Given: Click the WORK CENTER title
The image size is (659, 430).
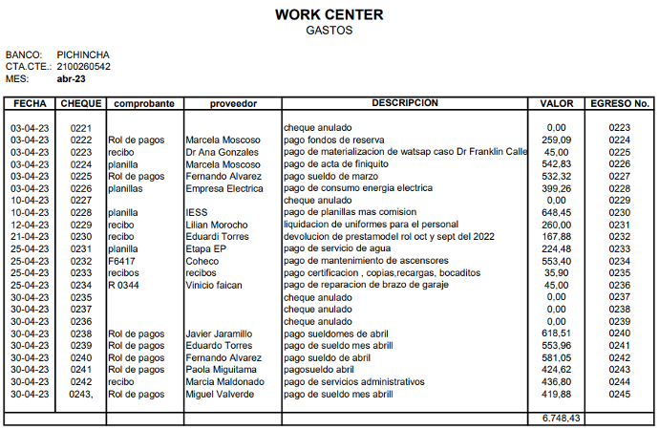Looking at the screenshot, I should (x=329, y=15).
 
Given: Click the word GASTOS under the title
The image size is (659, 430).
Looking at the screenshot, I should (x=329, y=31).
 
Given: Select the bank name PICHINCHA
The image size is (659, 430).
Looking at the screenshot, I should (x=83, y=54).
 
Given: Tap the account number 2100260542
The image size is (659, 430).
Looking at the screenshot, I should (x=84, y=67).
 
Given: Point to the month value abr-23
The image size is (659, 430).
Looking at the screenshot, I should (x=71, y=79).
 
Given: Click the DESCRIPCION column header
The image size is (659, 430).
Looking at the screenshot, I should (x=405, y=102).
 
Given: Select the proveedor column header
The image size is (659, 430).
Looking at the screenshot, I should (x=233, y=102).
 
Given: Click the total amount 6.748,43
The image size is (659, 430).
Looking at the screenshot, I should (x=562, y=418).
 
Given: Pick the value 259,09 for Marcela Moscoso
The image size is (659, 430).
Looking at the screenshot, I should (x=556, y=140).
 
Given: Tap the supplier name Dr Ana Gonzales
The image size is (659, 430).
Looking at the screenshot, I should (x=223, y=152).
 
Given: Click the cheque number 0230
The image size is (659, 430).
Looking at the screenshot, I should (x=81, y=237).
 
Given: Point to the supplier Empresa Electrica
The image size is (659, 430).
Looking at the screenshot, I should (x=224, y=188).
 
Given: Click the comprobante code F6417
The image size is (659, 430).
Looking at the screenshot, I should (x=120, y=261).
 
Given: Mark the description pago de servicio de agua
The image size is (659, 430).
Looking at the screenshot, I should (x=339, y=248).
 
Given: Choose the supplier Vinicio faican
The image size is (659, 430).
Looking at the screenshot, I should (x=215, y=285).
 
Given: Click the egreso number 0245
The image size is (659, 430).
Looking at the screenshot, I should (x=620, y=394).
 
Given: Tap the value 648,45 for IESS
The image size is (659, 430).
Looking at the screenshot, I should (x=556, y=212).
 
